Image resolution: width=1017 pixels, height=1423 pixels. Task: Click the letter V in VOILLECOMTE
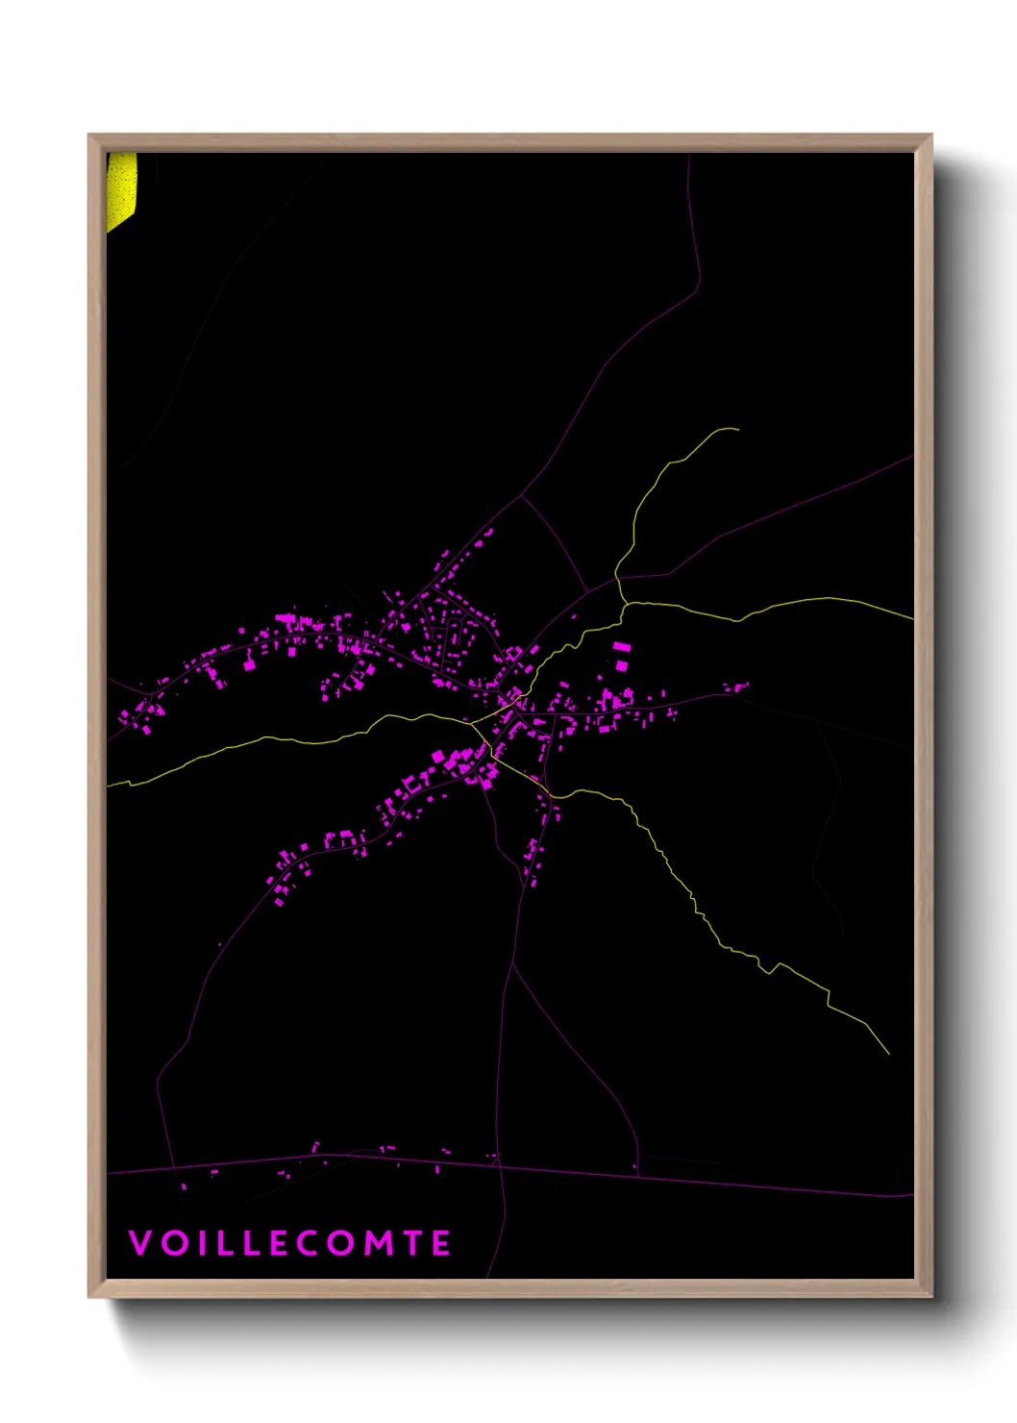(140, 1243)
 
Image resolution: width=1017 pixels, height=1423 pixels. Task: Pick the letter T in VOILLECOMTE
(413, 1243)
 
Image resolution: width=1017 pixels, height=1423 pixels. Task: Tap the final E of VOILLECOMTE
(441, 1243)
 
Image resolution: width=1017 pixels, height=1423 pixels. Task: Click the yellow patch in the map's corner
(121, 188)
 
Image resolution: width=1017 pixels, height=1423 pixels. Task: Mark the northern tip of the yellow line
(737, 429)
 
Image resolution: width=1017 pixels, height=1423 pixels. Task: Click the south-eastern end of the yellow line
(889, 1054)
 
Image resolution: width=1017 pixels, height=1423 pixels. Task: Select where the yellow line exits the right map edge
(912, 618)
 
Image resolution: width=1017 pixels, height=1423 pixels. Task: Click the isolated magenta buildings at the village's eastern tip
(736, 687)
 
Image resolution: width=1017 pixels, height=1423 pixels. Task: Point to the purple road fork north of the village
(522, 496)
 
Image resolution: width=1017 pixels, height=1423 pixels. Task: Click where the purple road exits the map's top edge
(689, 155)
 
